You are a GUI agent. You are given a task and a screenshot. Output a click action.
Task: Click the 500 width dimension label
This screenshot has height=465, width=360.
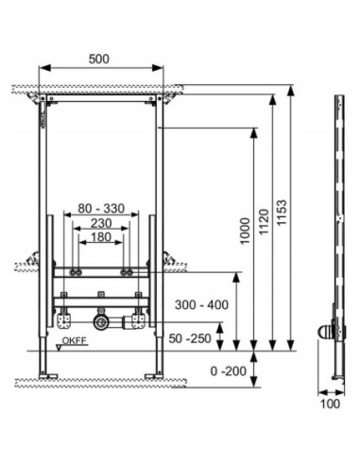click(x=99, y=59)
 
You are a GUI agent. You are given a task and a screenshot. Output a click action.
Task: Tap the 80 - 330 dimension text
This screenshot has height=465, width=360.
click(x=101, y=208)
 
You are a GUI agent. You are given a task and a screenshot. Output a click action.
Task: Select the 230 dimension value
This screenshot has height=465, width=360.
click(x=101, y=223)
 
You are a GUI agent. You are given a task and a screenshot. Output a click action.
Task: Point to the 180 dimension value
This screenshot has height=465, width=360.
click(x=101, y=237)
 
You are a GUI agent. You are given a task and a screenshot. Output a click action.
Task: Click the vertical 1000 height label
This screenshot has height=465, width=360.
click(x=245, y=231)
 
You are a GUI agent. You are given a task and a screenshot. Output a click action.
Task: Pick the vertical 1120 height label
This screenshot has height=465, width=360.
click(x=264, y=221)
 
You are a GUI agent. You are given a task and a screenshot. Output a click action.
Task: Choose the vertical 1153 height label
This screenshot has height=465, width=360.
click(x=282, y=212)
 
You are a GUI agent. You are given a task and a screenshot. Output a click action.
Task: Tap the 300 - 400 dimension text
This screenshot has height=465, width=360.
click(x=201, y=305)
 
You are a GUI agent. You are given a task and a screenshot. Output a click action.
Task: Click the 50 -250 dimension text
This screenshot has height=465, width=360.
click(x=190, y=338)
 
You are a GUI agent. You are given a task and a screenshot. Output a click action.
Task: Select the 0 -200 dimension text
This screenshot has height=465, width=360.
click(x=229, y=371)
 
